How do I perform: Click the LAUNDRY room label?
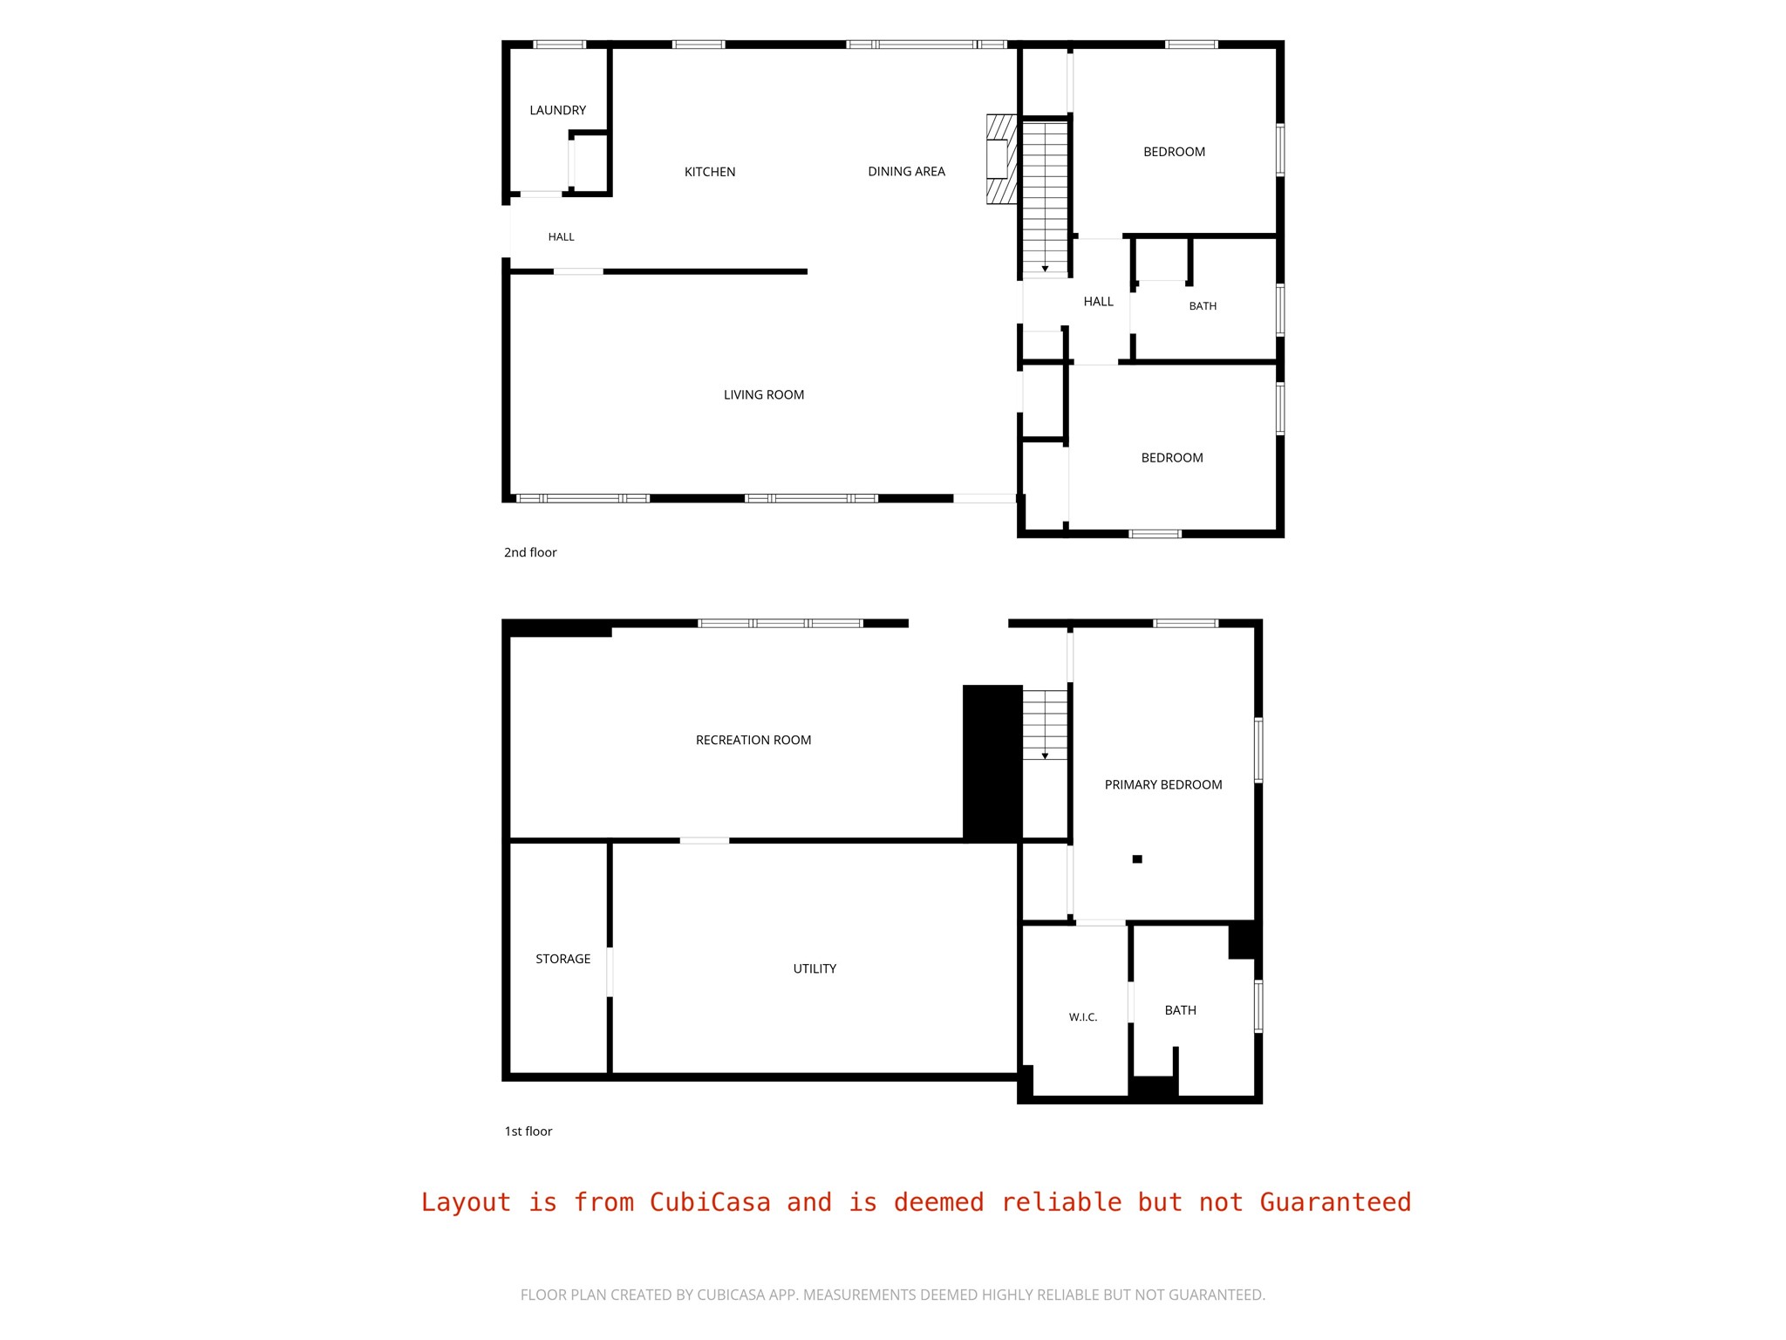(x=557, y=110)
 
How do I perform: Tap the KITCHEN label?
(x=710, y=172)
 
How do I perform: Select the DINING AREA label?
(x=906, y=171)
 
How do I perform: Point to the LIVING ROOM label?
(x=764, y=394)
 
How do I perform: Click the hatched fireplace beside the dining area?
(x=1002, y=159)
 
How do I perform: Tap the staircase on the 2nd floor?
(x=1045, y=197)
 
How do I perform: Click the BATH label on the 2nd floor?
(x=1203, y=306)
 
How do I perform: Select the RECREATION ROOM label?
(x=753, y=740)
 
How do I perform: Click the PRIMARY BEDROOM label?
(x=1163, y=784)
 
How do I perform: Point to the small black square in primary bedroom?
(x=1137, y=859)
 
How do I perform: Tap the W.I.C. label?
(x=1083, y=1017)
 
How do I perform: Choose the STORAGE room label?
(x=562, y=959)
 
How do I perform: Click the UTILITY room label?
(x=815, y=968)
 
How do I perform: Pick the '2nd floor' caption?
(x=530, y=552)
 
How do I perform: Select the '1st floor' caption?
(x=528, y=1131)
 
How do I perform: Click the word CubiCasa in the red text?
(x=710, y=1202)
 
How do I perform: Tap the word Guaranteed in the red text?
(x=1335, y=1202)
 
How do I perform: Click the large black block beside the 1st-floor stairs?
(x=992, y=763)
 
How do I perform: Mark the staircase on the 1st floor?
(x=1045, y=725)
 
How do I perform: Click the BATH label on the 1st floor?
(x=1181, y=1010)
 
